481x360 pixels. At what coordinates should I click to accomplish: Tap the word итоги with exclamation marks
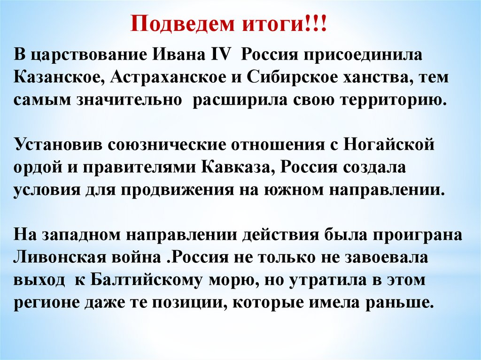pos(284,24)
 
